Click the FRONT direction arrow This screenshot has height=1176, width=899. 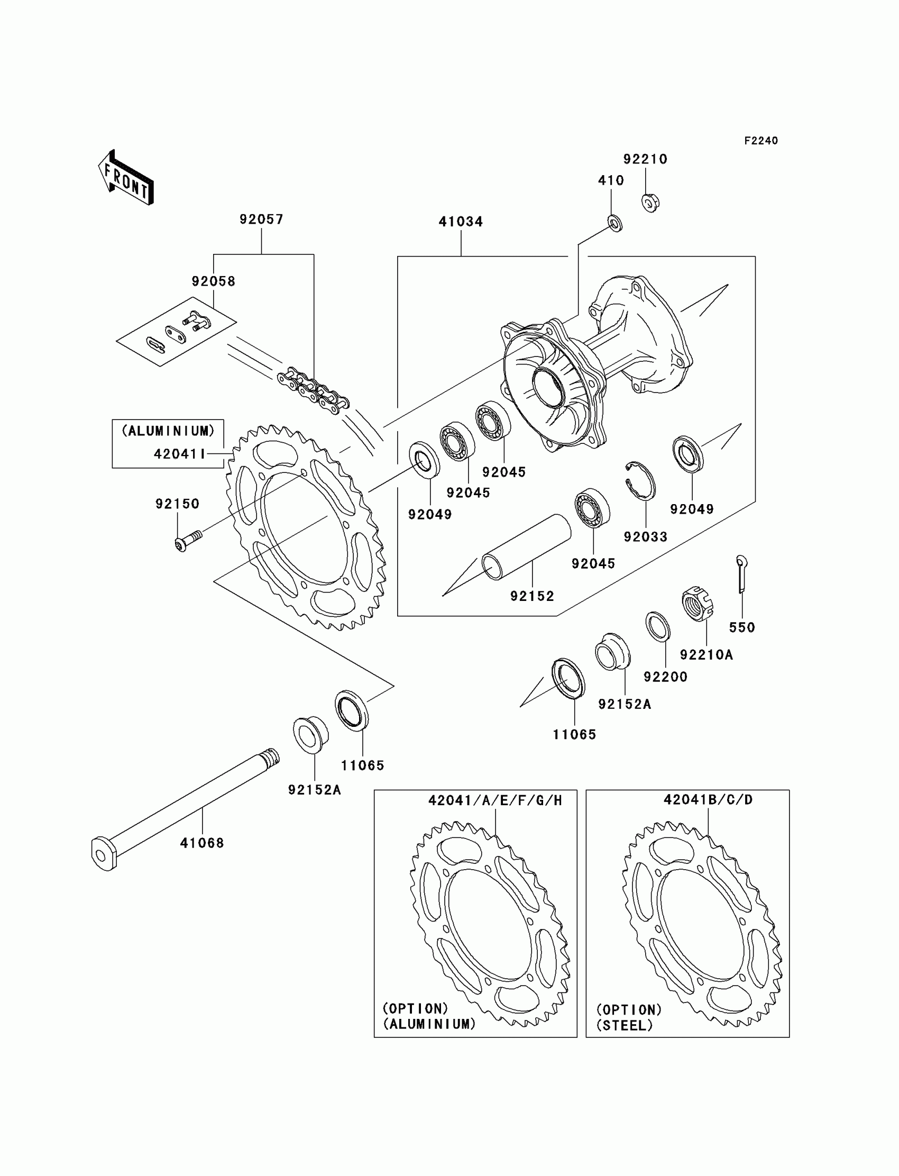point(126,178)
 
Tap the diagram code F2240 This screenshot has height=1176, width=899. point(760,141)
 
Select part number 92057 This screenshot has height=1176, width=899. point(261,220)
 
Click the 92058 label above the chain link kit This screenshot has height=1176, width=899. point(214,281)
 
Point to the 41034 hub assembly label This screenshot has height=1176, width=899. point(461,222)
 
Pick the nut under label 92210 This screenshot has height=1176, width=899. point(650,203)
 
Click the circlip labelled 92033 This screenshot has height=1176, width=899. point(641,480)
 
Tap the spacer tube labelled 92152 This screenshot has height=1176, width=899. point(527,546)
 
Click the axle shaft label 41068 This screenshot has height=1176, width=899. point(201,843)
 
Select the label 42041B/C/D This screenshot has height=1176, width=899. point(708,800)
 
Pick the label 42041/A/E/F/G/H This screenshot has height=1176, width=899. point(495,801)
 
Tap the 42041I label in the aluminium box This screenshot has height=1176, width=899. point(180,454)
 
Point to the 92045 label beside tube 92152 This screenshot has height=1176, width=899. point(593,563)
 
